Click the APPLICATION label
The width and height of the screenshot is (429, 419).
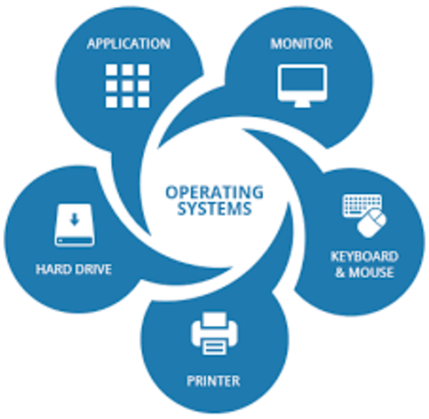click(128, 44)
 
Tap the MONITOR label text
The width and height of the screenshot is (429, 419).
click(301, 44)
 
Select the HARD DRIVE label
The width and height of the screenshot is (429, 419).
click(73, 269)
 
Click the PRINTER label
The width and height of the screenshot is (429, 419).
click(213, 381)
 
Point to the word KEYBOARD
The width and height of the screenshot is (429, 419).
click(364, 257)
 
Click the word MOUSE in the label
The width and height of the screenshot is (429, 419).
click(371, 272)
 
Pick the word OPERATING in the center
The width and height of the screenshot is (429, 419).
click(214, 192)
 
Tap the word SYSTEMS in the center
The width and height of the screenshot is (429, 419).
click(214, 209)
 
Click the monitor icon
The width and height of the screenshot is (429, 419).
click(302, 86)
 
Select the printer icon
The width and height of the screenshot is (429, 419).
click(214, 333)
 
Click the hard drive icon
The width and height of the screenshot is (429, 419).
click(74, 225)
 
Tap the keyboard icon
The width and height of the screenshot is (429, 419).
click(361, 205)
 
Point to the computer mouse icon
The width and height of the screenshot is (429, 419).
click(372, 223)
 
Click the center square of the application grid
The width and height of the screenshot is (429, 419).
click(128, 86)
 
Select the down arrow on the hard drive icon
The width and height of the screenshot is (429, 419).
click(75, 219)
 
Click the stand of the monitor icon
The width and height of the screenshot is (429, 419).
click(302, 104)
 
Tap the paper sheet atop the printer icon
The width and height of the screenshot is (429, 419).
click(215, 319)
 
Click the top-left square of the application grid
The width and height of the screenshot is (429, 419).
click(111, 70)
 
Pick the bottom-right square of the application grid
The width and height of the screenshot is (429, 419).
click(143, 102)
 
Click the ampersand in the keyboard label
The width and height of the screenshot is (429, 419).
click(340, 272)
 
